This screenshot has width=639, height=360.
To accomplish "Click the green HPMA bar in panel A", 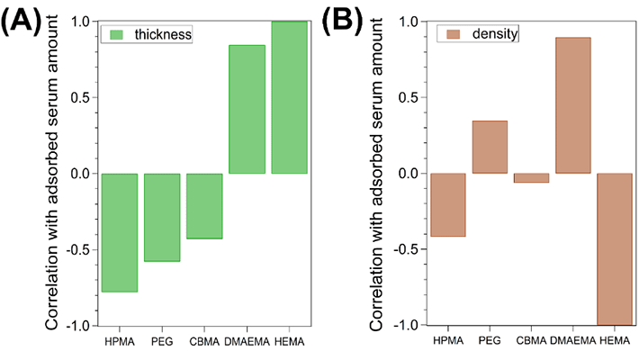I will coord(119,232).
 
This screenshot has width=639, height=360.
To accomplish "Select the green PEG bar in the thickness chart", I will coord(162,217).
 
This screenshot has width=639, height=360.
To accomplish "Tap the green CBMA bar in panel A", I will coord(204,205).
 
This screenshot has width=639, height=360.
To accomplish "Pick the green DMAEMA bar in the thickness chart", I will coord(247,109).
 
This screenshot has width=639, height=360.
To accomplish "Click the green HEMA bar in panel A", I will coord(289,97).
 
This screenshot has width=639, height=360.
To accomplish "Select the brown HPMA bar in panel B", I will coord(447,204).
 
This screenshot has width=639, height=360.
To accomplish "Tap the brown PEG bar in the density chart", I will coord(490,147).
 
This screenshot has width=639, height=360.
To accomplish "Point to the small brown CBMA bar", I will coord(531,177).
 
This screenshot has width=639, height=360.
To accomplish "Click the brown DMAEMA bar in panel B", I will coord(573,105).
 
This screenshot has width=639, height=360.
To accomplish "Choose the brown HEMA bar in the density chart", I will coord(615,248).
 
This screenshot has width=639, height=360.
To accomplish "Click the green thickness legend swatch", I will coord(115,34).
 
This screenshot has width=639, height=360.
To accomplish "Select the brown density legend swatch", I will coord(451,34).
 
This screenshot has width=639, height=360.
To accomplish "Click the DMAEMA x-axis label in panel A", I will coord(247,343).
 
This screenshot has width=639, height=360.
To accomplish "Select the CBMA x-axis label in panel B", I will coord(531,343).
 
